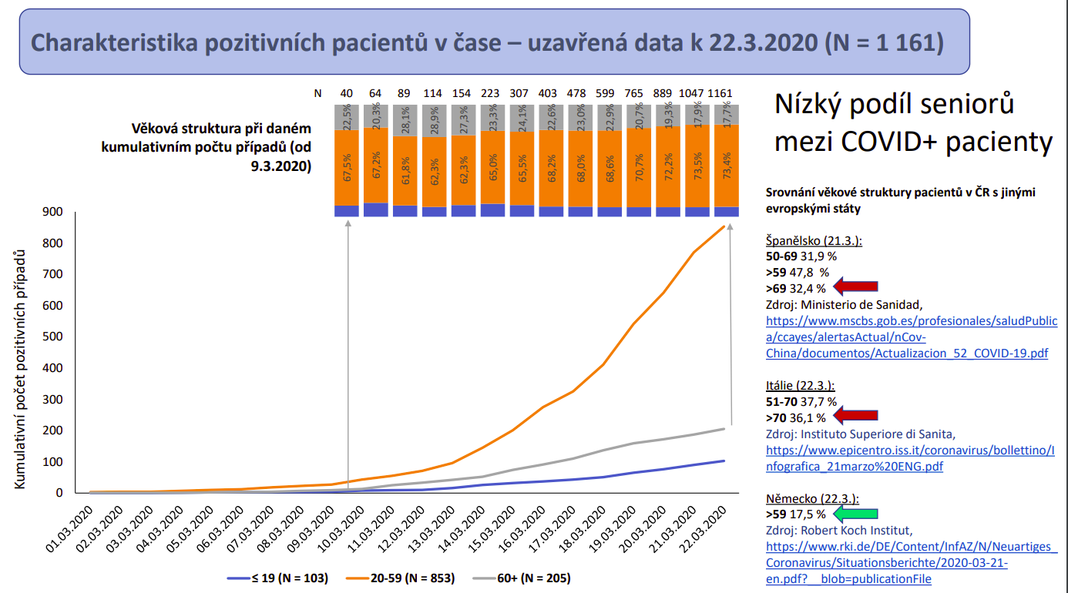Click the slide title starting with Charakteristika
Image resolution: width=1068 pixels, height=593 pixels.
493,42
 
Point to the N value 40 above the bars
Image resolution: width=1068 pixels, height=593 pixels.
347,94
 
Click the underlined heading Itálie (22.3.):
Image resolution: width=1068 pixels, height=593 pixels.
801,385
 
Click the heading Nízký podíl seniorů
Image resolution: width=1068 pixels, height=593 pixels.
894,103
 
